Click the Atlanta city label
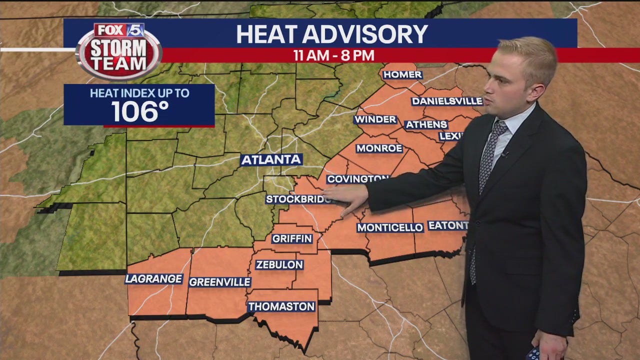(x=271, y=160)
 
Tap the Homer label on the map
(x=402, y=75)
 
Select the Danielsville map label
(x=447, y=101)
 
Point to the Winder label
(x=375, y=120)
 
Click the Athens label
(x=426, y=124)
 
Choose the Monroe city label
(x=379, y=148)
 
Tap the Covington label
(x=357, y=179)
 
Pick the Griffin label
(x=292, y=238)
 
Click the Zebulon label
(x=279, y=265)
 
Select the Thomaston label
(x=282, y=306)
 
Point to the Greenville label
(x=220, y=282)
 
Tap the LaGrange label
(x=153, y=279)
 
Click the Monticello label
(x=390, y=227)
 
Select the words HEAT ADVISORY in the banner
(x=331, y=34)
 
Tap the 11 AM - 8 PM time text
(x=334, y=55)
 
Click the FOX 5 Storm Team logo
(x=119, y=50)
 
